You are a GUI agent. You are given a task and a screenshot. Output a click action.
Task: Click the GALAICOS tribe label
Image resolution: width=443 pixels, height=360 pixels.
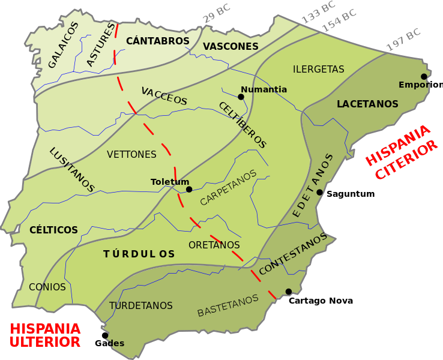point(62,45)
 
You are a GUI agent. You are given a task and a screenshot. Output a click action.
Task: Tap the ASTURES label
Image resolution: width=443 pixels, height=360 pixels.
point(100,46)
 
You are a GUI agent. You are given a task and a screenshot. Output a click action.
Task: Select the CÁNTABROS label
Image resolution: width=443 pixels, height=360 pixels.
point(158,41)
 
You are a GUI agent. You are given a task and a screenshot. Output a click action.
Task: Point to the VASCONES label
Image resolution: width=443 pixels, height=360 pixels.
point(231,46)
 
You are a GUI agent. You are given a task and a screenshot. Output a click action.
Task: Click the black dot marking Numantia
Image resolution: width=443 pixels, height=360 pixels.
point(241,97)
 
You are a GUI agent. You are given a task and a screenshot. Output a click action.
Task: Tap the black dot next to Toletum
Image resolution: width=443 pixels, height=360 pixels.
point(189,189)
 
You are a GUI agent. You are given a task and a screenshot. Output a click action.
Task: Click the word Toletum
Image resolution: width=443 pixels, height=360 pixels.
point(170,182)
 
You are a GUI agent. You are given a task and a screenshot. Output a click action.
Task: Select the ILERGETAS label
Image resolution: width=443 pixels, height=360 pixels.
point(318,69)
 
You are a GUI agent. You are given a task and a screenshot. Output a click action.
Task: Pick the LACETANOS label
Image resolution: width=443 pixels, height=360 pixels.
point(367,104)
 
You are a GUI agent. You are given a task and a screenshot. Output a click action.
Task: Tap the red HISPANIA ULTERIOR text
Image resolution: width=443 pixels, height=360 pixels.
point(45,335)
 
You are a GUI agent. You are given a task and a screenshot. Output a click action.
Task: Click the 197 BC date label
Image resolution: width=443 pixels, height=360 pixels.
point(403,40)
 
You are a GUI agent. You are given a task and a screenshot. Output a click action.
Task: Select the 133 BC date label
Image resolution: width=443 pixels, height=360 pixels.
point(318,12)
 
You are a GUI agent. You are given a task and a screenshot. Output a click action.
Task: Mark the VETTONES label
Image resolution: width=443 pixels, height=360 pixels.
point(131,154)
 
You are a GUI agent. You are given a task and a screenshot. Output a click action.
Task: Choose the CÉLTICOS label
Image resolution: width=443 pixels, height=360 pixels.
point(53,230)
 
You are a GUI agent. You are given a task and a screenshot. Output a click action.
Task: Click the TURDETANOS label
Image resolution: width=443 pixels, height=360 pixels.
point(141,305)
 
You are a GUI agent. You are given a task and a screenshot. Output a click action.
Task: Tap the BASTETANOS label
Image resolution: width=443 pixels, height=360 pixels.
point(228,305)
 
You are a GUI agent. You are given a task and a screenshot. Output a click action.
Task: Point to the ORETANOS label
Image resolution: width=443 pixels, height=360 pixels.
point(214,245)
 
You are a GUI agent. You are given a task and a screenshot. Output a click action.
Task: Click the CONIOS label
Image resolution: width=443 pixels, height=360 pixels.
point(47,287)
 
